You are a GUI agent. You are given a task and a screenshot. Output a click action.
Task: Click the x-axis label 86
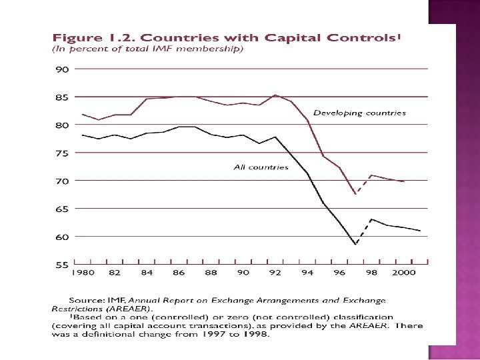tap(179, 273)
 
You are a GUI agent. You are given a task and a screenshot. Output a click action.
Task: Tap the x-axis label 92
tap(275, 273)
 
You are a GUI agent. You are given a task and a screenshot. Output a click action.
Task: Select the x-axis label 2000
tap(403, 273)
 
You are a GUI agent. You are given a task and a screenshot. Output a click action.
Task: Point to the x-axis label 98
tap(372, 273)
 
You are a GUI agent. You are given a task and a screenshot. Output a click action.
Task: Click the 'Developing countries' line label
tap(359, 113)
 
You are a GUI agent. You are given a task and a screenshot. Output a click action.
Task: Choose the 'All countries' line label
tap(261, 167)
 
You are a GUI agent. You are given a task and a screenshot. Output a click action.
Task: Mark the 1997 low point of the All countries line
tap(356, 245)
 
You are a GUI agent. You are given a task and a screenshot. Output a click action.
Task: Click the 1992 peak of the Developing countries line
tap(275, 95)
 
